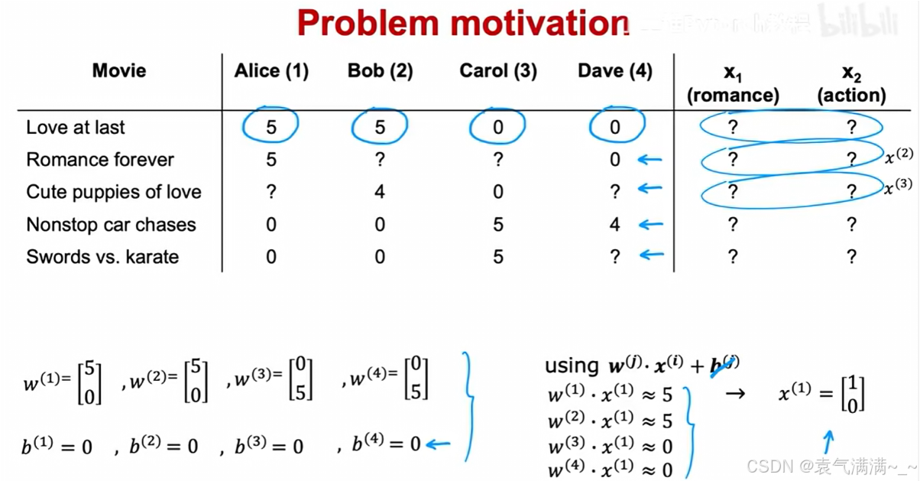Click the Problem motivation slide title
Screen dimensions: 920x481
462,22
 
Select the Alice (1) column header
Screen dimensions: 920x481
271,71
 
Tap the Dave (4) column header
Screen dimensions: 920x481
615,71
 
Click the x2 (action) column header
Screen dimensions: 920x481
851,83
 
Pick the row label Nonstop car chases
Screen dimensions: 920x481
111,225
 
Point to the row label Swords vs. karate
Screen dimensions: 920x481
102,256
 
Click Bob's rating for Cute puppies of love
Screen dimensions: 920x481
380,191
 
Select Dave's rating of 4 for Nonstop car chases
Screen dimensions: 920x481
615,225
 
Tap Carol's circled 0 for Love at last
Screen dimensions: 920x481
497,127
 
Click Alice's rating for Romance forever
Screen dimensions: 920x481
271,160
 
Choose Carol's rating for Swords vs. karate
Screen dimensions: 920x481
497,256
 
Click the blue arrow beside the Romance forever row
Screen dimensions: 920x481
650,160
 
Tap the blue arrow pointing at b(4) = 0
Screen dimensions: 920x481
438,444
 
